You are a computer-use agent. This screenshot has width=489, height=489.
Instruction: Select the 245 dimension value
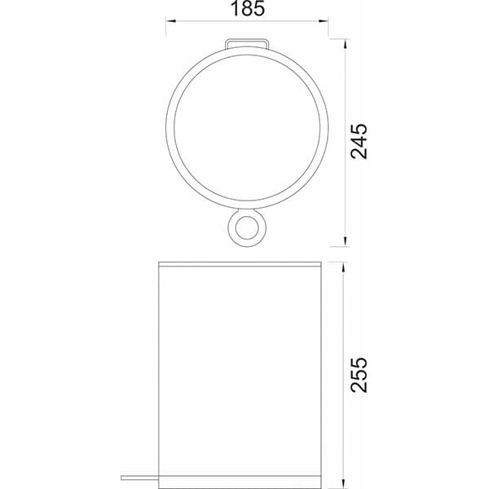(x=359, y=141)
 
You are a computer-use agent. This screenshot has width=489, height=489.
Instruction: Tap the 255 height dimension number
(x=359, y=374)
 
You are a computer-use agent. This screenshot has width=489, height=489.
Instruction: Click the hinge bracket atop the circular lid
(x=247, y=42)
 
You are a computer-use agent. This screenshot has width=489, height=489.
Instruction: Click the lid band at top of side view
(x=240, y=264)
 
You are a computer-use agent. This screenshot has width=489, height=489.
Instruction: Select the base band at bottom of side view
(x=240, y=481)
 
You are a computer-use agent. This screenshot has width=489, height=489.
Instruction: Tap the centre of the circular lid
(x=247, y=124)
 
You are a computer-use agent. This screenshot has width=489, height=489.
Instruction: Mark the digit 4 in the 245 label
(x=359, y=141)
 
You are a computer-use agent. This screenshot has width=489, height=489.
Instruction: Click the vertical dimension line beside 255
(x=344, y=326)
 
